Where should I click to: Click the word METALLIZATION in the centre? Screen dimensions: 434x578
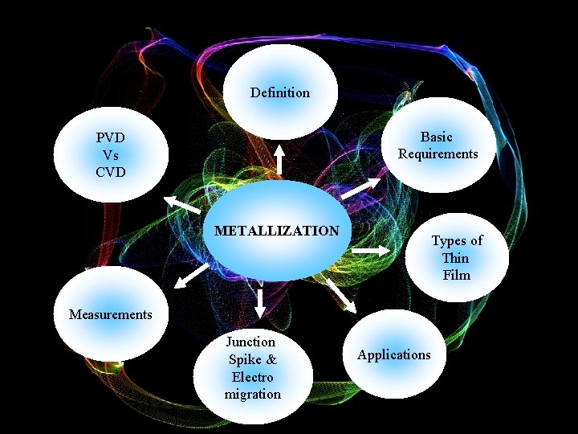tap(277, 231)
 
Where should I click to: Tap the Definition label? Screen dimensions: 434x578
tap(279, 92)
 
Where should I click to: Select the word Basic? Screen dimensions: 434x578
tap(437, 137)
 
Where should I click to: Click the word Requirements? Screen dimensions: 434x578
tap(438, 154)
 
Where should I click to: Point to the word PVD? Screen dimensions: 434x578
tap(110, 138)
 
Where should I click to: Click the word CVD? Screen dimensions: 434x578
tap(110, 171)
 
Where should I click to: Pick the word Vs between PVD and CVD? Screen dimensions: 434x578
tap(110, 155)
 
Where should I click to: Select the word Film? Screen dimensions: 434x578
tap(456, 275)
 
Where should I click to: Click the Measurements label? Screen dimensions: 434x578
tap(110, 314)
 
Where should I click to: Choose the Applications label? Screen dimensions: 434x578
tap(393, 354)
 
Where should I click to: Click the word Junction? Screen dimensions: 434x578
tap(250, 342)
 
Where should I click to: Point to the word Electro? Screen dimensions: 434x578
tap(252, 377)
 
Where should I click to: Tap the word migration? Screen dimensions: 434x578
tap(252, 394)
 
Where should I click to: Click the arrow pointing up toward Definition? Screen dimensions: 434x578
tap(279, 159)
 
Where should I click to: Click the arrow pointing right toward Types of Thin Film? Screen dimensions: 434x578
tap(370, 252)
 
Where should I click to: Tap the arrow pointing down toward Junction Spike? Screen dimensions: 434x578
tap(260, 302)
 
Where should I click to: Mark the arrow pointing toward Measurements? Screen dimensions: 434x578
tap(191, 276)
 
